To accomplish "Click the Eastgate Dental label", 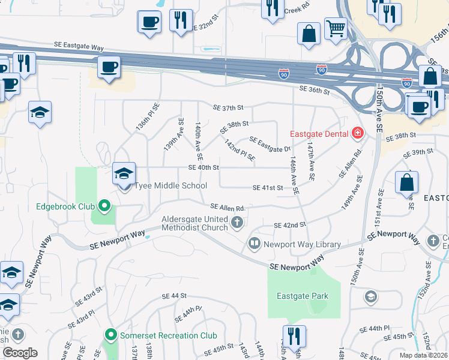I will (x=319, y=133).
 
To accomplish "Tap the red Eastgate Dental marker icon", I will (x=358, y=133).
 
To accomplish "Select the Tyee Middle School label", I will (x=170, y=186).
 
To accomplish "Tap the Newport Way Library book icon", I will (x=254, y=244).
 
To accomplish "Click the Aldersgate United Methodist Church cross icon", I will (x=237, y=223).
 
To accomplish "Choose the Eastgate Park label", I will (x=303, y=296).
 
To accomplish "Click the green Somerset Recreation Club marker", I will (x=110, y=335).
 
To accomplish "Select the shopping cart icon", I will (x=336, y=28).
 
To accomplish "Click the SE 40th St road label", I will (x=203, y=167).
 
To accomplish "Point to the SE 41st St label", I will (x=268, y=188).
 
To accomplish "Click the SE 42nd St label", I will (x=290, y=225).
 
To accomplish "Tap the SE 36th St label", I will (x=315, y=91).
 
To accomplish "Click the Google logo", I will (x=20, y=353).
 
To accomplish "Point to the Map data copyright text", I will (x=424, y=355).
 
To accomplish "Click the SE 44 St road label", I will (x=175, y=296).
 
